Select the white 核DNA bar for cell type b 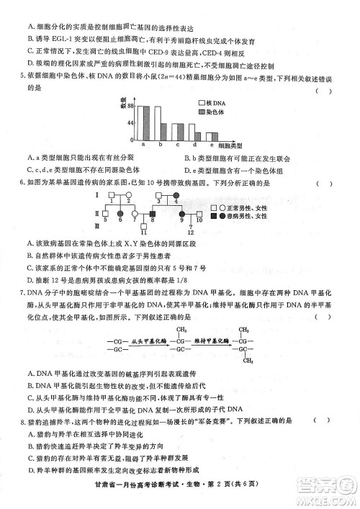point(161,130)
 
